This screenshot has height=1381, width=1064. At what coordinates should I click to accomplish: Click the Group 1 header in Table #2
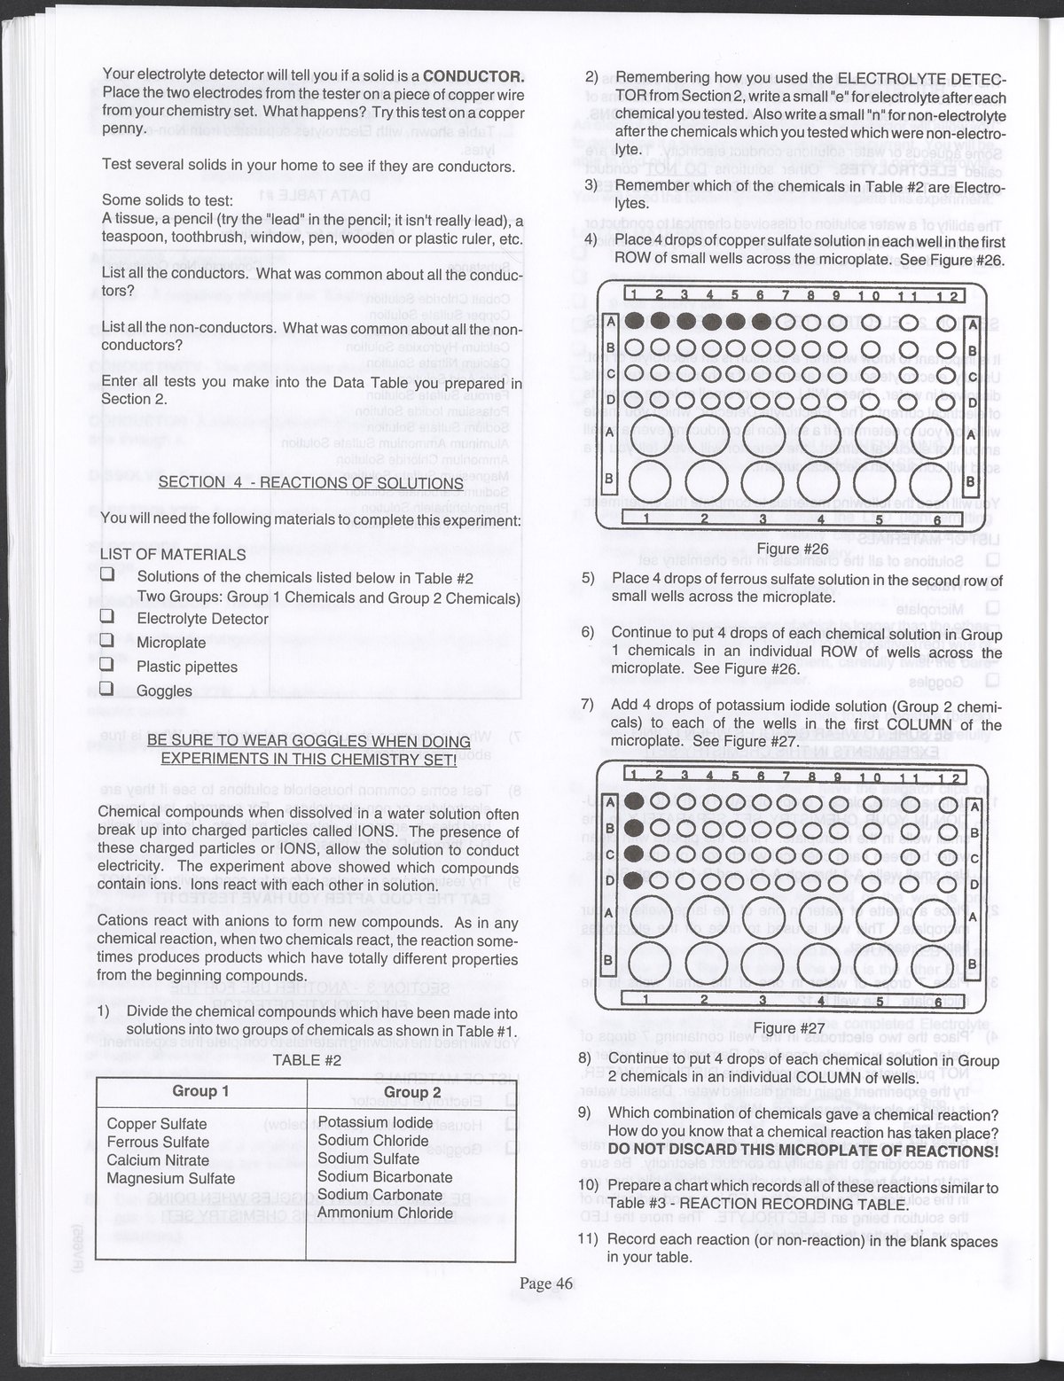coord(200,1090)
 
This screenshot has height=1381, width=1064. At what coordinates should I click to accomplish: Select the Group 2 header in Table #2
coord(411,1092)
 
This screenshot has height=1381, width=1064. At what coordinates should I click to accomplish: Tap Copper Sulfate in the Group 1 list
coord(157,1124)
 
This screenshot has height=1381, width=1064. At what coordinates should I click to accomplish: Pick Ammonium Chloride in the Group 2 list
coord(385,1213)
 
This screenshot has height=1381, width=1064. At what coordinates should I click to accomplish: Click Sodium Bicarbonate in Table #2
coord(385,1177)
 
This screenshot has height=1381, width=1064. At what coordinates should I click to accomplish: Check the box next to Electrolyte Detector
coord(108,618)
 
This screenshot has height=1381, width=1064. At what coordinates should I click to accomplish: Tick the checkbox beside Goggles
coord(108,689)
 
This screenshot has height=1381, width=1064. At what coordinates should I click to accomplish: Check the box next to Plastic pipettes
coord(108,665)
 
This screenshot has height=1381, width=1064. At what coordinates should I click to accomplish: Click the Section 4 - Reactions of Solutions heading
coord(310,483)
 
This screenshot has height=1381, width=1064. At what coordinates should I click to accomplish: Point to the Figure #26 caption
coord(792,549)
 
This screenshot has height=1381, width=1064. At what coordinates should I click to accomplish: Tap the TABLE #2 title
coord(307,1058)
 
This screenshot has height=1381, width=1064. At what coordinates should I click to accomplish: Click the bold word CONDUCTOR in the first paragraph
coord(473,75)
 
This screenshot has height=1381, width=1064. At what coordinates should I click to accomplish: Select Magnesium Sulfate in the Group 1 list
coord(171,1178)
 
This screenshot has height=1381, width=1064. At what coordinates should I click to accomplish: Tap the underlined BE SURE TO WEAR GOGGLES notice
coord(309,750)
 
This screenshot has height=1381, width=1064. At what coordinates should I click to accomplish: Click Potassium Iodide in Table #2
coord(376,1122)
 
